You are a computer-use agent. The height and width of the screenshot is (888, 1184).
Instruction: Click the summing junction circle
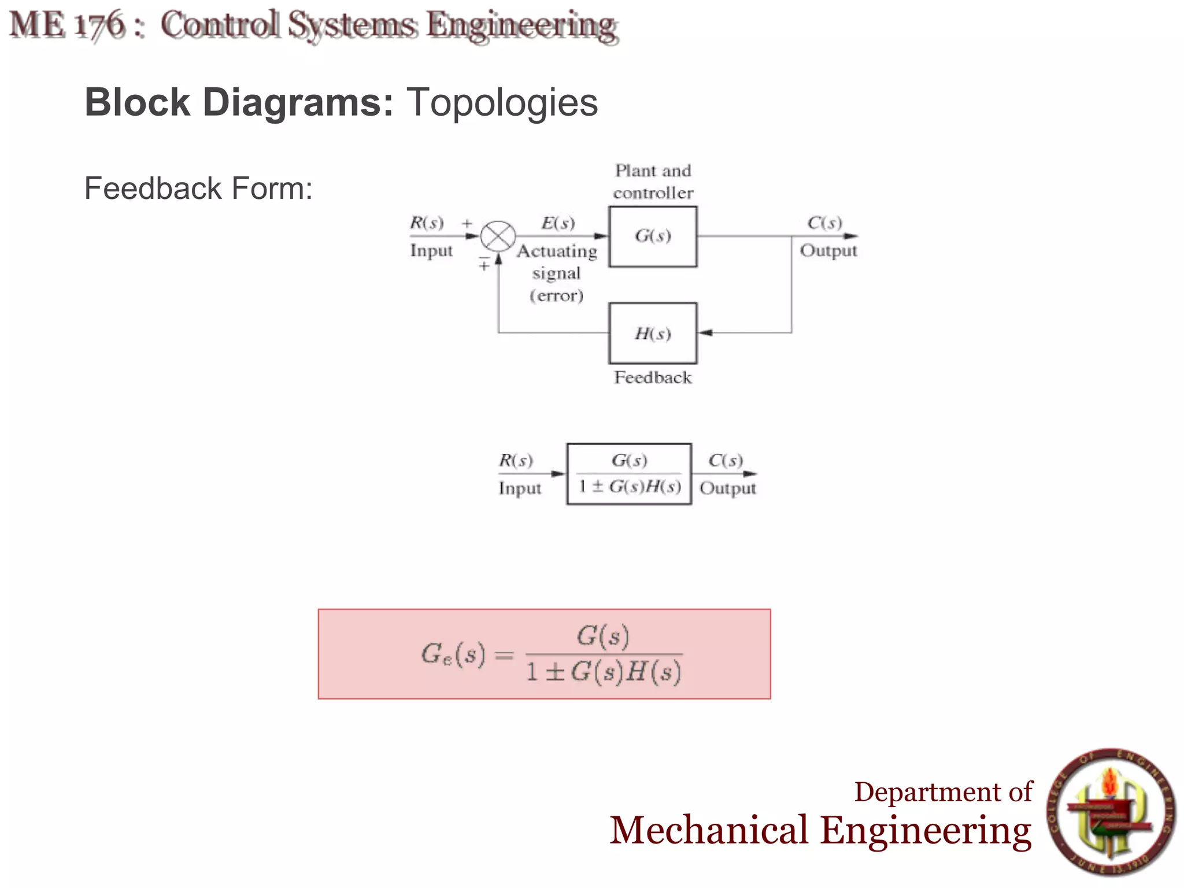point(498,236)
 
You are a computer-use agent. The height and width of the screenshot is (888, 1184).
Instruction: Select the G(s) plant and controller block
point(653,236)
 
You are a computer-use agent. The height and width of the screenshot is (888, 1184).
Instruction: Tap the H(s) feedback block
point(653,333)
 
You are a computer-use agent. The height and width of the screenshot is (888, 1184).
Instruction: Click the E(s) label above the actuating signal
point(558,223)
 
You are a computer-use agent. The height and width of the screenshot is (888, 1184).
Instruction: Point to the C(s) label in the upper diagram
point(825,223)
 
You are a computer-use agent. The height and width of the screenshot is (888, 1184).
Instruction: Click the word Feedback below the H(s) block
point(653,378)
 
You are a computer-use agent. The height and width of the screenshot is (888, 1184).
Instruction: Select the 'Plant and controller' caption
point(653,182)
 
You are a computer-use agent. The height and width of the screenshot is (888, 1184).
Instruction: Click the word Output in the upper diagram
point(828,251)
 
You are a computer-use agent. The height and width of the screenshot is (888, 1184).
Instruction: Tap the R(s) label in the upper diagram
point(427,223)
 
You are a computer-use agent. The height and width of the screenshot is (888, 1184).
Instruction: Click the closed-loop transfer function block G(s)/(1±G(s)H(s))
point(629,474)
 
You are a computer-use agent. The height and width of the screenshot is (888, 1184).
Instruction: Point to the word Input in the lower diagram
point(520,489)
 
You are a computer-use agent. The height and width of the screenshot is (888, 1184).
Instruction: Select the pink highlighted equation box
point(544,654)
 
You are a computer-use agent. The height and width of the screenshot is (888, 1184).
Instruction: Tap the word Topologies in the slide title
point(502,102)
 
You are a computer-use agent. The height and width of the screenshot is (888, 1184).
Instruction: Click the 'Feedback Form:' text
point(198,188)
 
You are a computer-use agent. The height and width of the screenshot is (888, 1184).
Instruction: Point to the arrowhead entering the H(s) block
point(704,333)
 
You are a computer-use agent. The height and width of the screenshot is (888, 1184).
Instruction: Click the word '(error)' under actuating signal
point(557,296)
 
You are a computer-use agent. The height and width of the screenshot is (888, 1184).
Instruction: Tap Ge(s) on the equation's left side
point(453,654)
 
